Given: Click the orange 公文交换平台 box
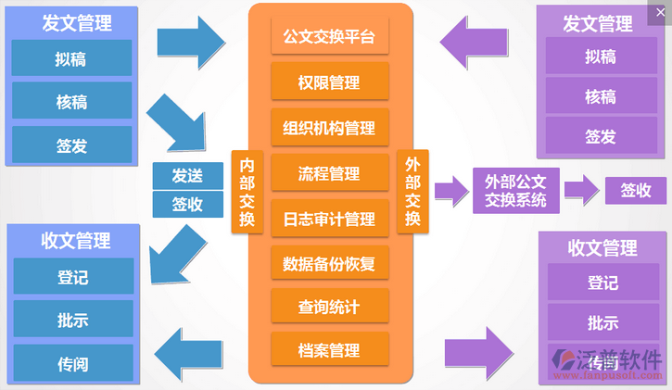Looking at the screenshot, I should (329, 38).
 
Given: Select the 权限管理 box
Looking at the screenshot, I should (329, 82).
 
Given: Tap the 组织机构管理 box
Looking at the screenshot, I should (329, 128).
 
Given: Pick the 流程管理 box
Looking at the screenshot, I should (329, 173).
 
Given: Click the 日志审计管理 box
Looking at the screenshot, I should (329, 219).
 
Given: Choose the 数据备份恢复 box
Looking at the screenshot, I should (329, 263).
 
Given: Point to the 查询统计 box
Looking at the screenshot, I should (329, 307).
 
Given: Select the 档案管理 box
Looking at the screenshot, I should (329, 350).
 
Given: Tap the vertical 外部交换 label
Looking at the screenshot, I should (412, 192).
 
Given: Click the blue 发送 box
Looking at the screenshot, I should (188, 175).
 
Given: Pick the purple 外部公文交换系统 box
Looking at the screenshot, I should (516, 191).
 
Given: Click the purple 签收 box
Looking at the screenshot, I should (636, 191).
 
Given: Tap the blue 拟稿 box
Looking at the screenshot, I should (71, 57).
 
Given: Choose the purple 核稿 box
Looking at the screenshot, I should (601, 96).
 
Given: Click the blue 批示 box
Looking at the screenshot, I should (71, 321).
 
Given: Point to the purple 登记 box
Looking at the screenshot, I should (602, 283).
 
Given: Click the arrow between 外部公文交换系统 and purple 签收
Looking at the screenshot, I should (581, 190).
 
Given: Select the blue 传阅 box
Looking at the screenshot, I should (71, 363).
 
